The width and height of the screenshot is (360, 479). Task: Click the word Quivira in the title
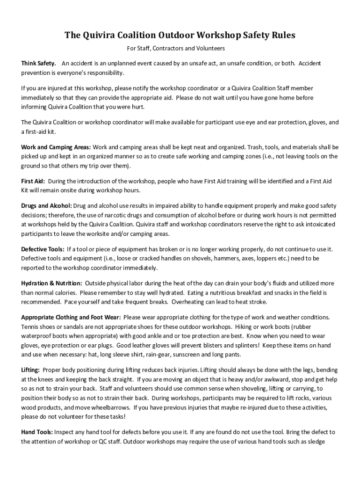(100, 36)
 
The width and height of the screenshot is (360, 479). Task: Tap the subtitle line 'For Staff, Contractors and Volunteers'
(176, 48)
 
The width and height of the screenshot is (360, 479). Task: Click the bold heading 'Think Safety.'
(39, 63)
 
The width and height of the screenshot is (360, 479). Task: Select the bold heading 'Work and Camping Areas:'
(56, 147)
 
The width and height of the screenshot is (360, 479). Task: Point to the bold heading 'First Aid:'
(33, 181)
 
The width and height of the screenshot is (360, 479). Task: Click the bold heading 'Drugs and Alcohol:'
(46, 206)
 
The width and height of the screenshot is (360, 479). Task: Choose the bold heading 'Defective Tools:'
(42, 249)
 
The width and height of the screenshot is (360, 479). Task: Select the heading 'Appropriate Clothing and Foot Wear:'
(71, 317)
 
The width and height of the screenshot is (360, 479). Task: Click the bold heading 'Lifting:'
(30, 370)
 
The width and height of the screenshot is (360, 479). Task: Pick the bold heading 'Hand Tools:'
(37, 432)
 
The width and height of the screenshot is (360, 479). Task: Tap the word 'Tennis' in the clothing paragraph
(30, 327)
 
